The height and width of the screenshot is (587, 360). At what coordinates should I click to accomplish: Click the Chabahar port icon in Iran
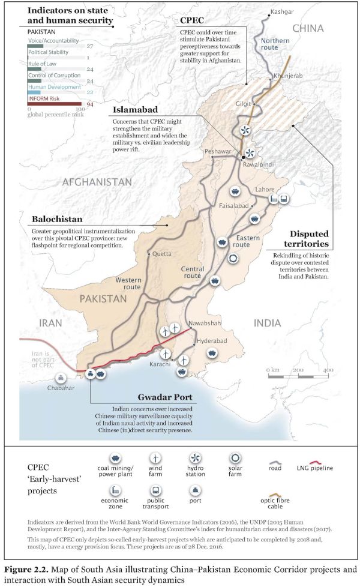[60, 378]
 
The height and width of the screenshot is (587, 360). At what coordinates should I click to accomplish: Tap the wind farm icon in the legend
[156, 460]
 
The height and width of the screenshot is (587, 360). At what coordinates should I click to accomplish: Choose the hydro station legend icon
[194, 460]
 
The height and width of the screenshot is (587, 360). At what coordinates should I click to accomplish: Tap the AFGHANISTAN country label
[97, 181]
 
